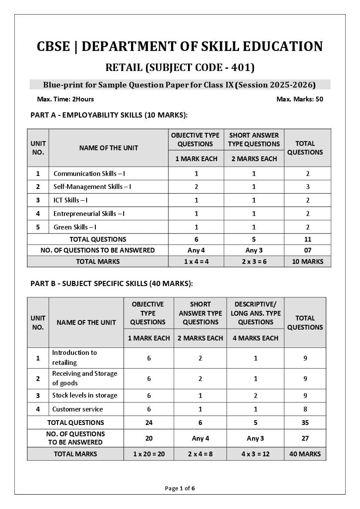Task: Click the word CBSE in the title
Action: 53,47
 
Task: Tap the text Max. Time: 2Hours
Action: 65,99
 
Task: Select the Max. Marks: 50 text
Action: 299,99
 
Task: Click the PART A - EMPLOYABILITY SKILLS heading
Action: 109,115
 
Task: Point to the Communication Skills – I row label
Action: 89,173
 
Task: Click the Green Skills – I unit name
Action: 75,227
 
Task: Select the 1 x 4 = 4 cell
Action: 196,262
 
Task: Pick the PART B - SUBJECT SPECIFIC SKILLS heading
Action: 111,283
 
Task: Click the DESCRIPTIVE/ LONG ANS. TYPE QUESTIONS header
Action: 256,313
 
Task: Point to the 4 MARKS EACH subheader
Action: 256,338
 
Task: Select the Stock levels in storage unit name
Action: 84,395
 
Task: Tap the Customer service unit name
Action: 77,409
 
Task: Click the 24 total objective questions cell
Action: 149,422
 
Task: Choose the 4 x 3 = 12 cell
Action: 256,454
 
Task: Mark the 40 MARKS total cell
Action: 305,454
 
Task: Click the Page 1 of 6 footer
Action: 180,488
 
